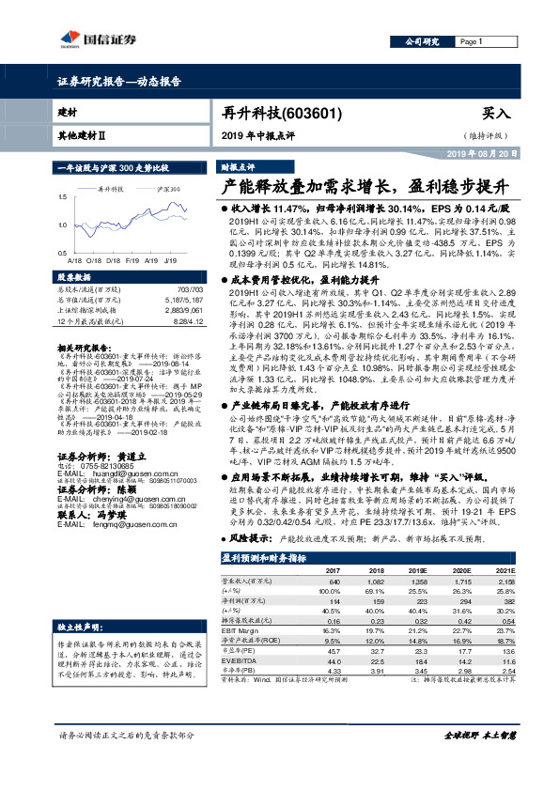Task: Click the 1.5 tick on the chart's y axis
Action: click(63, 196)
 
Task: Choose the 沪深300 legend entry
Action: click(169, 190)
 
